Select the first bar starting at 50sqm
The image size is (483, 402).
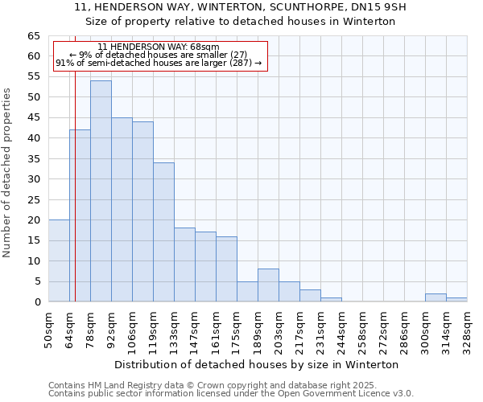point(59,260)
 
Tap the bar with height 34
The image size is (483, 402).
point(163,232)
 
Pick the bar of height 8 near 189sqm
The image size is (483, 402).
point(268,285)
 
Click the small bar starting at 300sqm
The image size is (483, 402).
point(436,297)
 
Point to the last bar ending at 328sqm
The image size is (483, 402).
point(456,300)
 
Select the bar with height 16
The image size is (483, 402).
point(226,269)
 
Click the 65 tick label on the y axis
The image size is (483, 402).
point(34,36)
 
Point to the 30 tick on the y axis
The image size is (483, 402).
point(34,178)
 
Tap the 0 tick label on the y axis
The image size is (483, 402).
point(37,301)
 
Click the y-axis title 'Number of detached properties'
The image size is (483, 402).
point(7,172)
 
